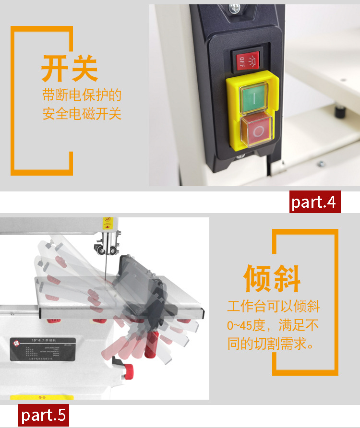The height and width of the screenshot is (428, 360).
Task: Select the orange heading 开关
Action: click(70, 69)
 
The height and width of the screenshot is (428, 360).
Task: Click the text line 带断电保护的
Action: click(82, 95)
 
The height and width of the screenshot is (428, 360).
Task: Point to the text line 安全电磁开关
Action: click(82, 114)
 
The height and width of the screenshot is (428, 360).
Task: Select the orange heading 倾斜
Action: click(272, 278)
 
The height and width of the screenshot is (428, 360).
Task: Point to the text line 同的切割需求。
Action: click(271, 344)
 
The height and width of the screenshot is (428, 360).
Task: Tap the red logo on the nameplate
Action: click(17, 342)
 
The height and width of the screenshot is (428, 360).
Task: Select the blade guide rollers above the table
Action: click(106, 249)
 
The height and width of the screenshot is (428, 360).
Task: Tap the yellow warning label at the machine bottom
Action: click(42, 397)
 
